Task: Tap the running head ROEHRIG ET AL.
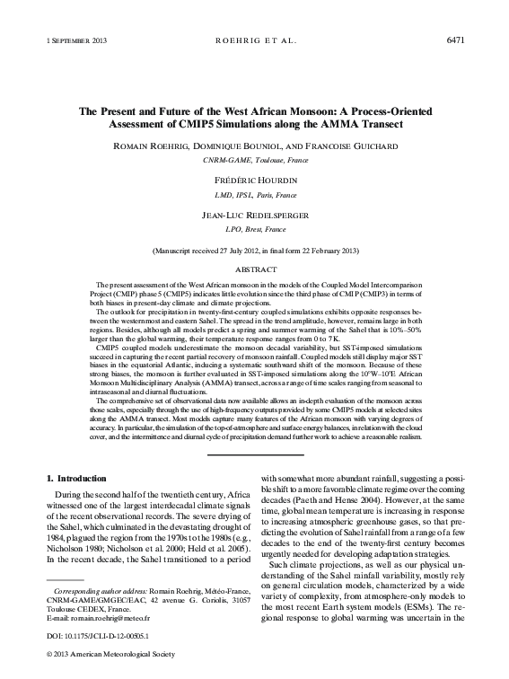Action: point(254,41)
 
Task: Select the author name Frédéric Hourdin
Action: point(254,180)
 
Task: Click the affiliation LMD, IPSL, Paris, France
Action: point(254,193)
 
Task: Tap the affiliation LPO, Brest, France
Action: point(254,230)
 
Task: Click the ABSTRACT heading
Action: point(254,269)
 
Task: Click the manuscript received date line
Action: point(254,251)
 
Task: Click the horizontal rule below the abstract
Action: point(254,455)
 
